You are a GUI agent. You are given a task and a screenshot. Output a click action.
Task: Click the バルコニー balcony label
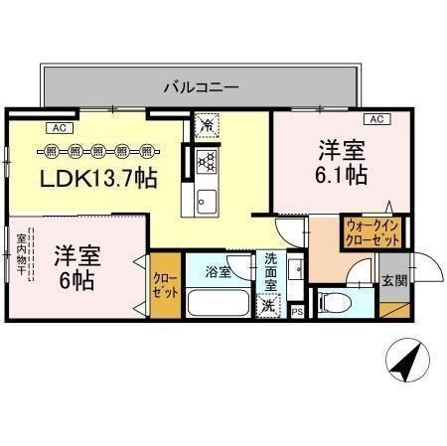pyautogui.click(x=201, y=87)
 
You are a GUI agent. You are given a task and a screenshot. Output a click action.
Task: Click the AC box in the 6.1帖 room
pyautogui.click(x=375, y=119)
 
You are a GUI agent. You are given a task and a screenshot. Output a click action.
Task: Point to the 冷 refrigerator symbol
pyautogui.click(x=207, y=126)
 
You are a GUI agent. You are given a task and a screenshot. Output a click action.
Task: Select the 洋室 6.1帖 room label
pyautogui.click(x=343, y=164)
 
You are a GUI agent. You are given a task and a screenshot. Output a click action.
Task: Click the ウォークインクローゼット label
pyautogui.click(x=372, y=231)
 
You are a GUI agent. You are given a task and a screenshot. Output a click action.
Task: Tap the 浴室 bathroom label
pyautogui.click(x=218, y=270)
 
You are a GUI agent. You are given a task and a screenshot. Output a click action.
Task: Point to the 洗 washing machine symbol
pyautogui.click(x=268, y=307)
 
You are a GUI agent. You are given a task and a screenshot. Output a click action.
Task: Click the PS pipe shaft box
pyautogui.click(x=297, y=311)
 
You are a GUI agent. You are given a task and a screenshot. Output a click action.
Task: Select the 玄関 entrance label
pyautogui.click(x=393, y=280)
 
